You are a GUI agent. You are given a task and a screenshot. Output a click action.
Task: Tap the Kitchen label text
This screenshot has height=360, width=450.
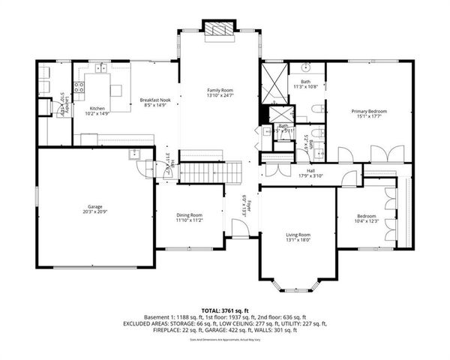click(x=98, y=109)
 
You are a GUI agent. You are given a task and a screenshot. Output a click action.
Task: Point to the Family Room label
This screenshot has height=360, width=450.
click(x=220, y=90)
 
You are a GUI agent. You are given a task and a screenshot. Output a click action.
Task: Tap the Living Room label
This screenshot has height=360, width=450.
click(x=298, y=235)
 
